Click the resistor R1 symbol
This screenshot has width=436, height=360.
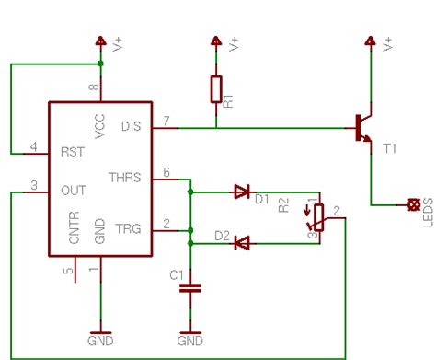tap(215, 89)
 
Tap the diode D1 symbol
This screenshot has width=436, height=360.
tap(242, 192)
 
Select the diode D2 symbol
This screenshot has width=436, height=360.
tap(241, 243)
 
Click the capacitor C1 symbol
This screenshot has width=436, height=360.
tap(189, 287)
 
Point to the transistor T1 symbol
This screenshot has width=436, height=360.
tap(361, 129)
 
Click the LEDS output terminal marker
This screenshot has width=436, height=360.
tap(413, 203)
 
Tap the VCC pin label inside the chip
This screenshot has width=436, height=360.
tap(99, 124)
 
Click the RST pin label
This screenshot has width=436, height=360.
tap(71, 152)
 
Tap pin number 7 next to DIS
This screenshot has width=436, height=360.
tap(166, 122)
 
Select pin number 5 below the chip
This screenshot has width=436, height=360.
tap(65, 272)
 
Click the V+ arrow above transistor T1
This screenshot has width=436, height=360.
tap(370, 41)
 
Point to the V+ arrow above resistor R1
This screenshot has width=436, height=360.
tap(215, 41)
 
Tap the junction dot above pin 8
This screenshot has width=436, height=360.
tap(99, 64)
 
